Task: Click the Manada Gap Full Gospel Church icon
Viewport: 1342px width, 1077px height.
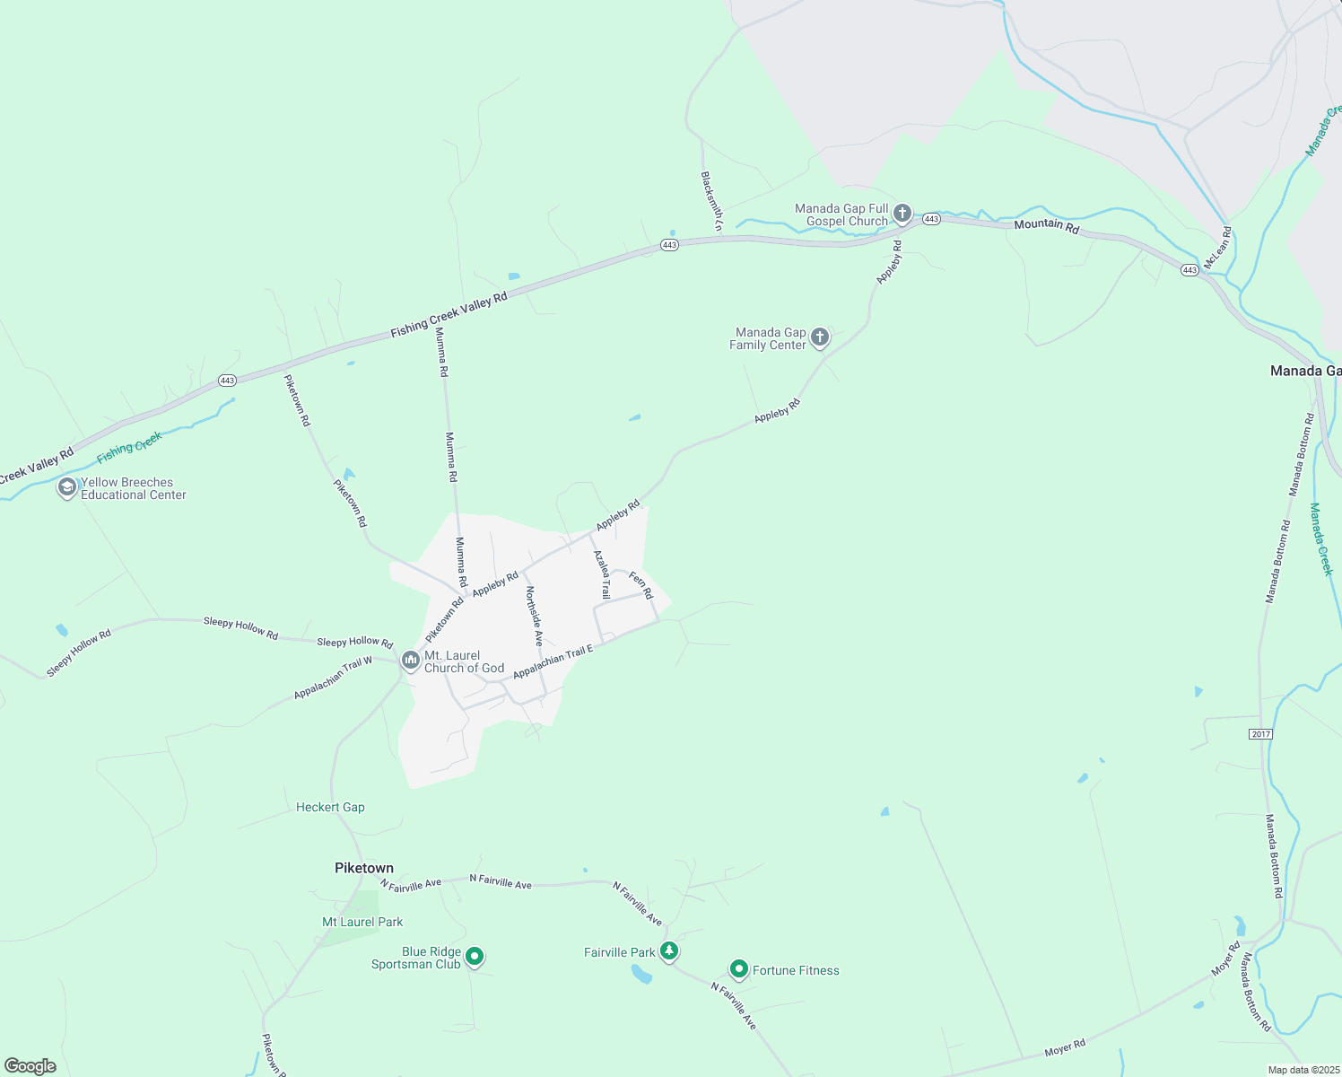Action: (x=902, y=214)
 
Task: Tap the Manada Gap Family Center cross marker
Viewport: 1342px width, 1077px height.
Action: (x=819, y=337)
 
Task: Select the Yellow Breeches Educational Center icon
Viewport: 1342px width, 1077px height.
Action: (x=66, y=487)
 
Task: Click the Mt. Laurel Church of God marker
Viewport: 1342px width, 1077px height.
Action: (x=411, y=661)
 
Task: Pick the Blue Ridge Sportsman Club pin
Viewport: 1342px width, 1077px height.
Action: (x=475, y=957)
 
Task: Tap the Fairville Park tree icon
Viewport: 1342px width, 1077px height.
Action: (x=668, y=951)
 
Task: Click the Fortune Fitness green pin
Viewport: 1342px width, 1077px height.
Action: (x=738, y=969)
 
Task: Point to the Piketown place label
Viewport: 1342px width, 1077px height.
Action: (x=364, y=868)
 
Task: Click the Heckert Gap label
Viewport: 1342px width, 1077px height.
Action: (x=330, y=807)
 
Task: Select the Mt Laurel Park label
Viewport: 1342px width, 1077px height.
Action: (x=362, y=922)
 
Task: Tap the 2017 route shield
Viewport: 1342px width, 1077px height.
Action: (x=1260, y=734)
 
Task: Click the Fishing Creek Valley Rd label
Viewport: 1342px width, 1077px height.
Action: (x=449, y=315)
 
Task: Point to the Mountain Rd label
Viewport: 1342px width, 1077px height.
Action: (x=1046, y=225)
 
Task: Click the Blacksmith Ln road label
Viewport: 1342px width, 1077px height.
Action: (x=710, y=202)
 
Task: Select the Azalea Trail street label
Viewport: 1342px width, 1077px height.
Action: (x=602, y=574)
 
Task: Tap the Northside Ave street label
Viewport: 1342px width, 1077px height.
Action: (x=535, y=616)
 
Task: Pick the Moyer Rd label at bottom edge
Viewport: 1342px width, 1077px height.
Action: (x=1065, y=1046)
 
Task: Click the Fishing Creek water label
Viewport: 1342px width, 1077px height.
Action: (x=129, y=447)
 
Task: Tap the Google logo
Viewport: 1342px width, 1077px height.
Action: (x=30, y=1065)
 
